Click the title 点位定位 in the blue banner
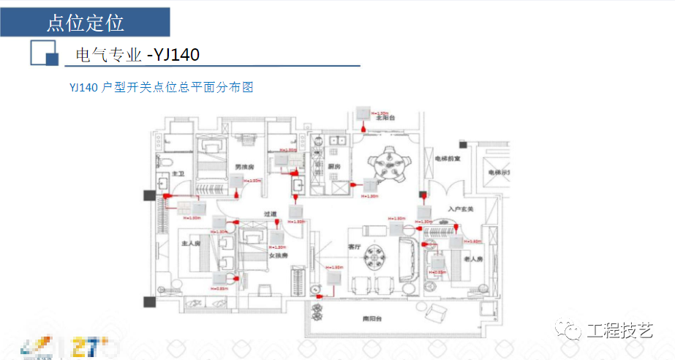point(85,22)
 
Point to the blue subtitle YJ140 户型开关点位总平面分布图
point(161,87)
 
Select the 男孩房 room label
point(244,168)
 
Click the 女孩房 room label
point(276,255)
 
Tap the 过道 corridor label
point(271,214)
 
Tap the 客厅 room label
point(356,247)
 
